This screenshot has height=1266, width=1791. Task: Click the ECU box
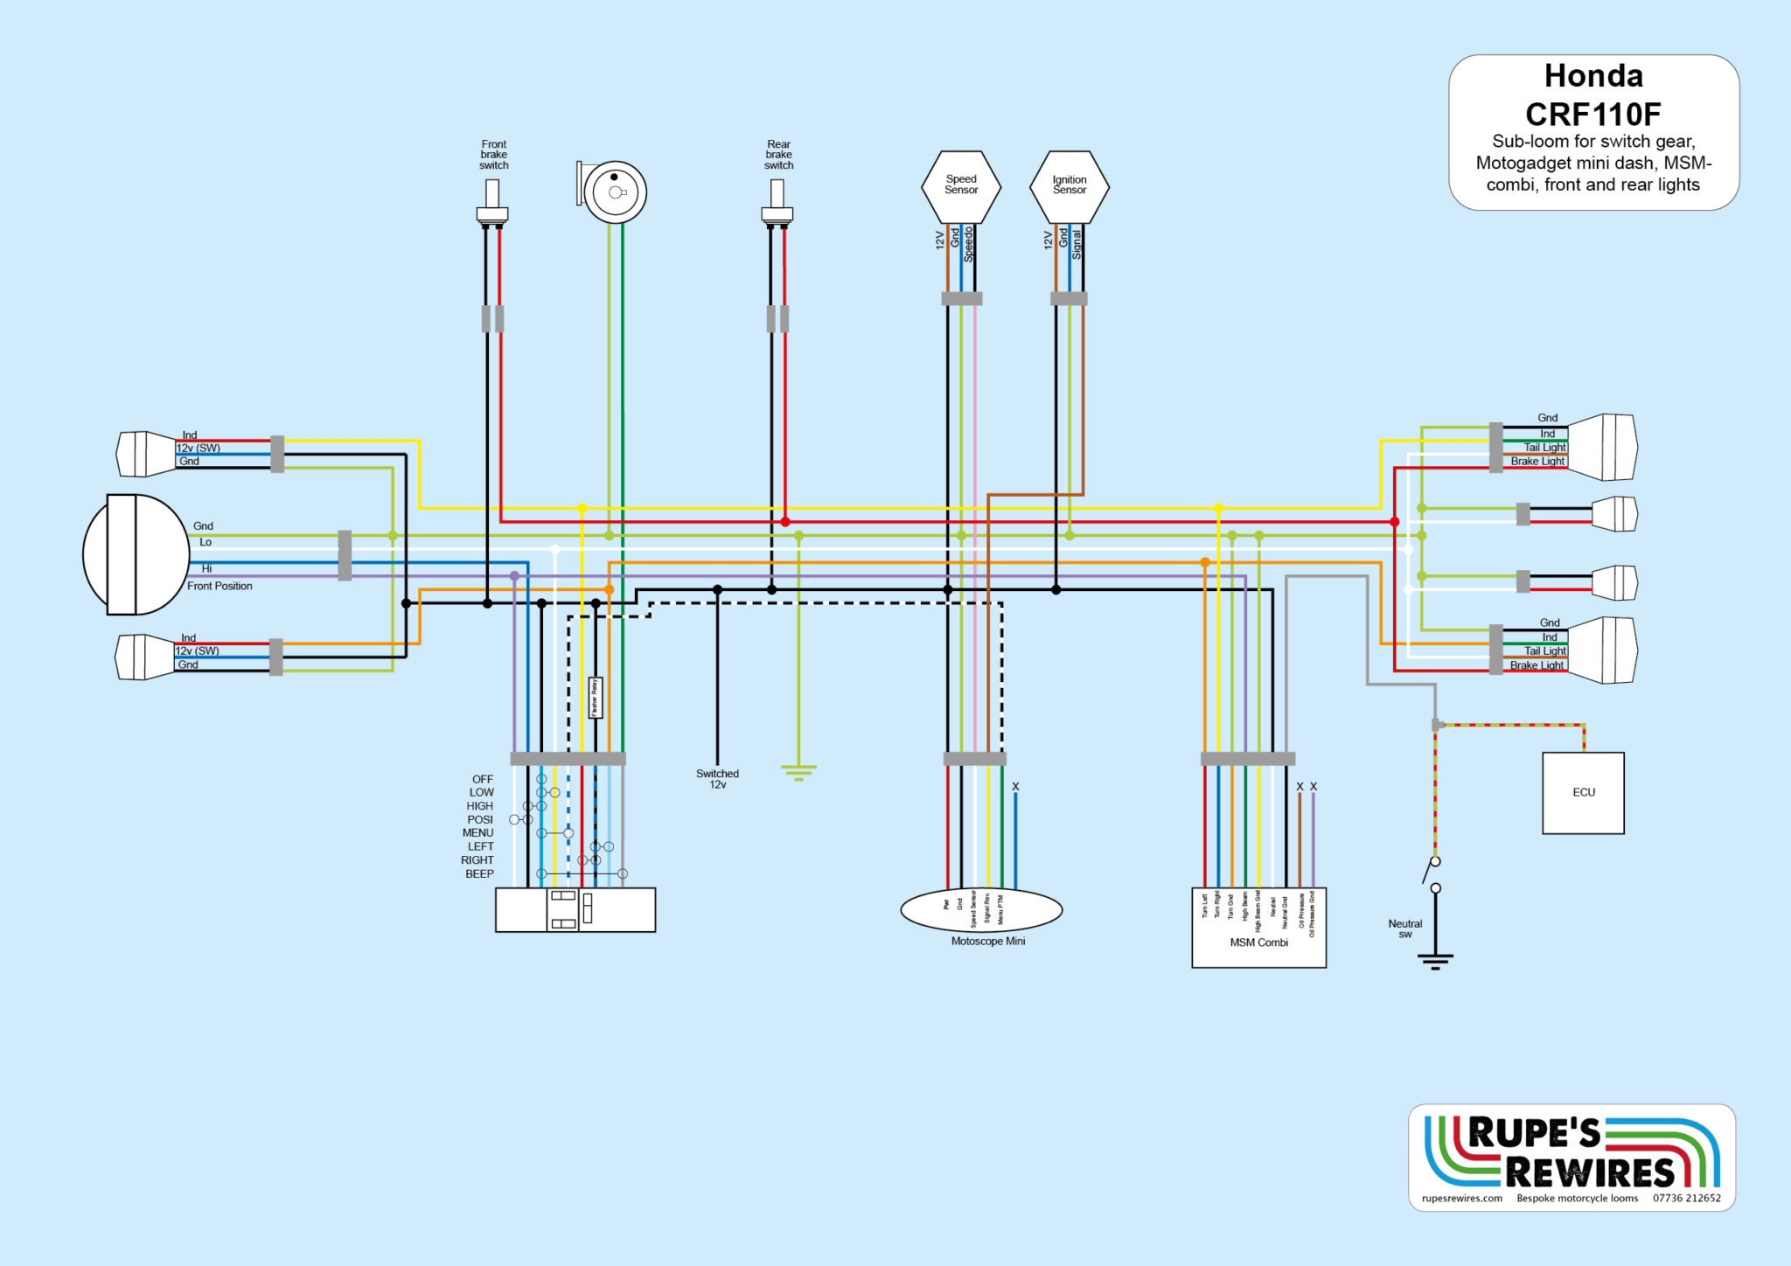pyautogui.click(x=1583, y=792)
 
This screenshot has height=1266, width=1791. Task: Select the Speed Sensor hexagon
pyautogui.click(x=961, y=186)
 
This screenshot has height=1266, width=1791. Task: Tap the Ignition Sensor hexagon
pyautogui.click(x=1070, y=186)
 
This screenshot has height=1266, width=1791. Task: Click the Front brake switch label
pyautogui.click(x=493, y=155)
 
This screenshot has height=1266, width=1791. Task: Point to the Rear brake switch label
pyautogui.click(x=778, y=155)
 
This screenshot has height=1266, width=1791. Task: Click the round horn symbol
pyautogui.click(x=615, y=192)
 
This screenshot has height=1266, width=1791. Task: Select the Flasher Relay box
pyautogui.click(x=596, y=698)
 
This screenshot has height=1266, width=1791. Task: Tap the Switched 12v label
pyautogui.click(x=717, y=779)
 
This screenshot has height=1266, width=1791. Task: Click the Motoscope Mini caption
pyautogui.click(x=988, y=942)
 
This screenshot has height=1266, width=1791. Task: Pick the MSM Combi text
pyautogui.click(x=1258, y=943)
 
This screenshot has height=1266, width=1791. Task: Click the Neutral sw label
pyautogui.click(x=1405, y=929)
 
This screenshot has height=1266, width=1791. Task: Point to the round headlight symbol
pyautogui.click(x=136, y=554)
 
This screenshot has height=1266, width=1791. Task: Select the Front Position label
pyautogui.click(x=220, y=587)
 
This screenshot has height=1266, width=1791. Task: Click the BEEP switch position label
pyautogui.click(x=479, y=873)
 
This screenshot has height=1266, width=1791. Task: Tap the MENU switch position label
pyautogui.click(x=477, y=833)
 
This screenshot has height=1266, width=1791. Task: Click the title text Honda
pyautogui.click(x=1593, y=76)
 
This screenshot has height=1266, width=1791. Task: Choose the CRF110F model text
pyautogui.click(x=1593, y=115)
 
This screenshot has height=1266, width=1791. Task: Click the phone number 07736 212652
pyautogui.click(x=1686, y=1199)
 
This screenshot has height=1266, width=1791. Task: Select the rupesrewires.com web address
pyautogui.click(x=1462, y=1199)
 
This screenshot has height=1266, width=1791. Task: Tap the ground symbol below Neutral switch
pyautogui.click(x=1435, y=961)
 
